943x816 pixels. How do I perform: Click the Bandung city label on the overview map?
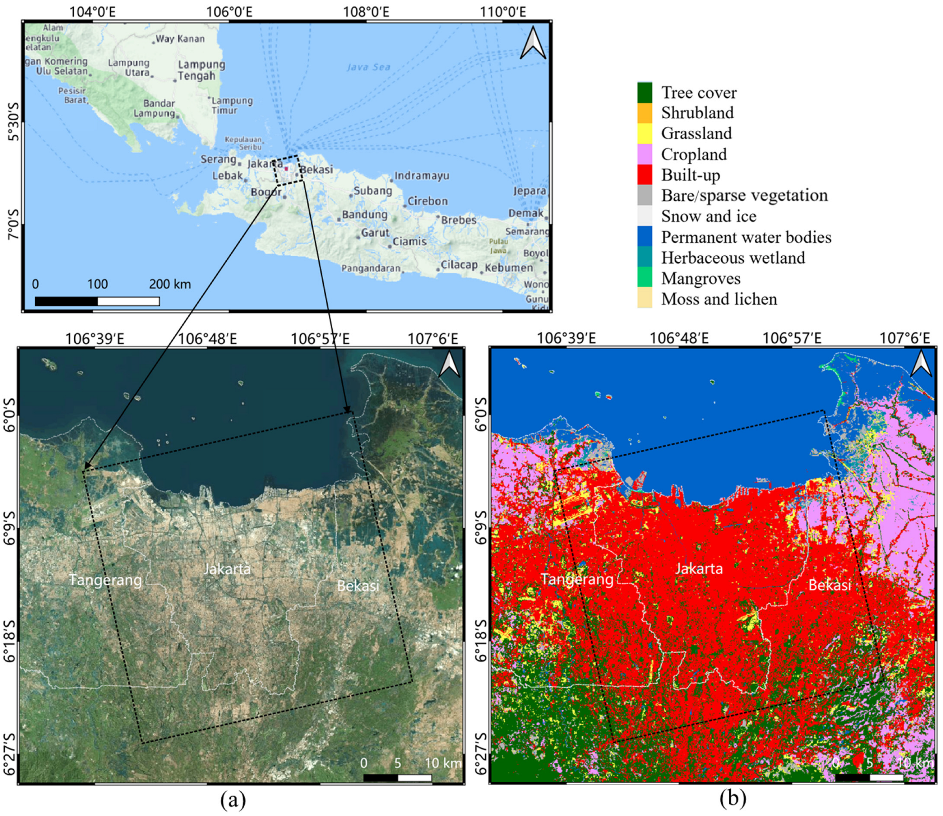click(x=365, y=214)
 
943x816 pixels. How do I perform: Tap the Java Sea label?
click(x=368, y=68)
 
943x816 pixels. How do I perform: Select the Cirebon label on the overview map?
click(x=427, y=201)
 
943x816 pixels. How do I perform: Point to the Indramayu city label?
click(x=422, y=176)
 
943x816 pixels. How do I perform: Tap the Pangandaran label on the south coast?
click(x=371, y=268)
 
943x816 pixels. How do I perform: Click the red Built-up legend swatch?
click(x=644, y=175)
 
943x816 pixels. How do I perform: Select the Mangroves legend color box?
click(x=644, y=278)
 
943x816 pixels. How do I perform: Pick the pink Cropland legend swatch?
click(x=644, y=154)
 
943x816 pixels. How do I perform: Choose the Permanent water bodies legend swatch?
click(x=644, y=237)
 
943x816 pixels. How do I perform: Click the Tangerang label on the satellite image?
click(x=105, y=580)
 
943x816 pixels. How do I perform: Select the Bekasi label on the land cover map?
click(x=829, y=585)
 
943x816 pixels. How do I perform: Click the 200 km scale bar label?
click(x=170, y=284)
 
